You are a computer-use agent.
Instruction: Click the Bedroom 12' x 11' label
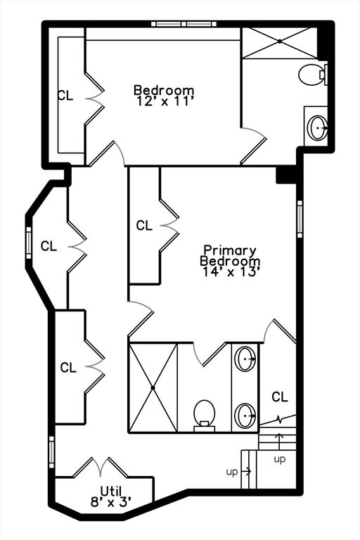pos(164,96)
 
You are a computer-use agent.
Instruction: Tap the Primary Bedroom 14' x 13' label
pos(230,261)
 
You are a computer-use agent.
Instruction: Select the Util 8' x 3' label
pos(111,496)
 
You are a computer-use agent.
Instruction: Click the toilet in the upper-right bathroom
pos(312,74)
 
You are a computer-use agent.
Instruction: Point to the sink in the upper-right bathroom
pos(317,127)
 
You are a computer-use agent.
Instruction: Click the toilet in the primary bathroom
pos(205,416)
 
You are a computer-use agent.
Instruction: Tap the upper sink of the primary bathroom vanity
pos(245,359)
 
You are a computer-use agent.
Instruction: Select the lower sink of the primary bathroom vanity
pos(245,416)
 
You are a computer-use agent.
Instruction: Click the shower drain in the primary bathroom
pos(153,388)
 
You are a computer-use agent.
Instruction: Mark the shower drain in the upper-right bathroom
pos(280,41)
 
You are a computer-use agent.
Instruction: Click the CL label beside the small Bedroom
pos(65,96)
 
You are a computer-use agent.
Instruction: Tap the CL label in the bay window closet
pos(49,246)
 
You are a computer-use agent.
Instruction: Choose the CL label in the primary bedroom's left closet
pos(144,226)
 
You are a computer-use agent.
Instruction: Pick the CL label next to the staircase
pos(280,397)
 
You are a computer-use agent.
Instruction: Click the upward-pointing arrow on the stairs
pos(279,440)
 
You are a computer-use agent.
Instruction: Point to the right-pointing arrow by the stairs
pos(246,471)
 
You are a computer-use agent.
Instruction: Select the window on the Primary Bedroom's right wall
pos(300,219)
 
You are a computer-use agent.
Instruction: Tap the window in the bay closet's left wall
pos(29,243)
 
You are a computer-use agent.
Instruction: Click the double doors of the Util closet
pos(101,468)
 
